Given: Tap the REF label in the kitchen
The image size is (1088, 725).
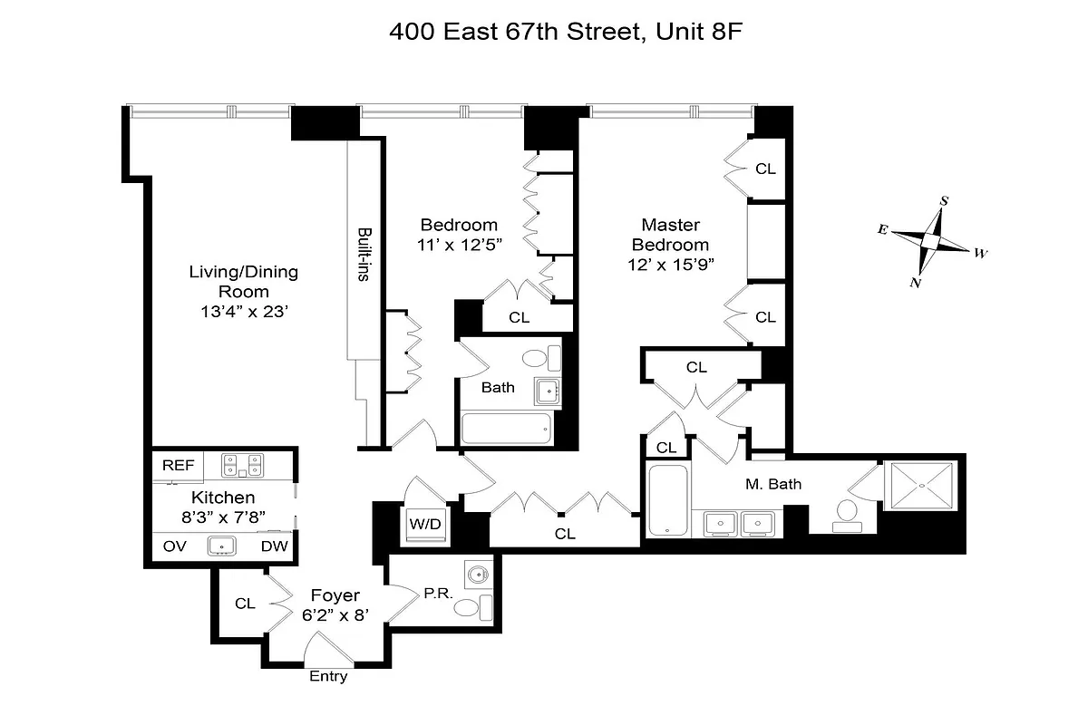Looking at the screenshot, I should (x=179, y=465).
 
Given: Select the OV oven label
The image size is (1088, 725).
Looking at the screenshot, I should (x=175, y=546).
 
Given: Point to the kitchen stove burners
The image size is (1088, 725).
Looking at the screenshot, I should (x=242, y=466).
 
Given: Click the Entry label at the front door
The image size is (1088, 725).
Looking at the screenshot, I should (x=328, y=676).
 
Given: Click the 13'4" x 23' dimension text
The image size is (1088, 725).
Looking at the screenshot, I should (x=243, y=312).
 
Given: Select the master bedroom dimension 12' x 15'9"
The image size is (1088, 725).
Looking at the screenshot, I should (x=670, y=266).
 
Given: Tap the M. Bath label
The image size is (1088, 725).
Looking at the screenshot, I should (x=773, y=484).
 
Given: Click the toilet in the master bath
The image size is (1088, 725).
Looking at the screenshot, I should (x=849, y=511).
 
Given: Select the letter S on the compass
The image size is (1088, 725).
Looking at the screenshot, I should (x=944, y=200).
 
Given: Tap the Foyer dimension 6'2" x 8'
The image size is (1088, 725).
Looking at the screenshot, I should (x=335, y=616).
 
